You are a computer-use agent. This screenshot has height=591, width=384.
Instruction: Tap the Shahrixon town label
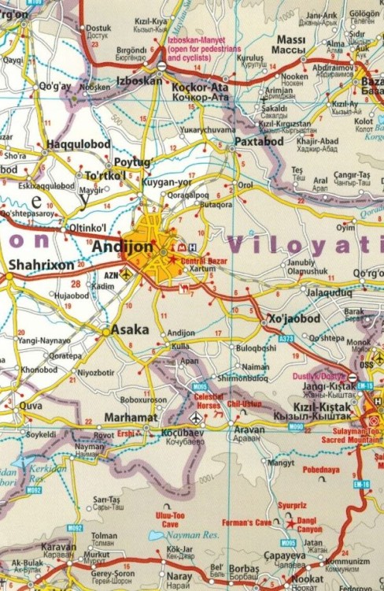pyautogui.click(x=41, y=266)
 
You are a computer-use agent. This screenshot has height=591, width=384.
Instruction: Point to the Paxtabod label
pyautogui.click(x=259, y=141)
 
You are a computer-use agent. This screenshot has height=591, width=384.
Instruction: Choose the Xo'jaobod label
pyautogui.click(x=294, y=318)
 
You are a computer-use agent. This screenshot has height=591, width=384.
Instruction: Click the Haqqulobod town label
pyautogui.click(x=78, y=144)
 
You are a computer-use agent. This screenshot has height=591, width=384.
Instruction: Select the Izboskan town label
pyautogui.click(x=138, y=80)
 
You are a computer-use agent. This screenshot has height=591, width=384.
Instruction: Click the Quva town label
pyautogui.click(x=30, y=406)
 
